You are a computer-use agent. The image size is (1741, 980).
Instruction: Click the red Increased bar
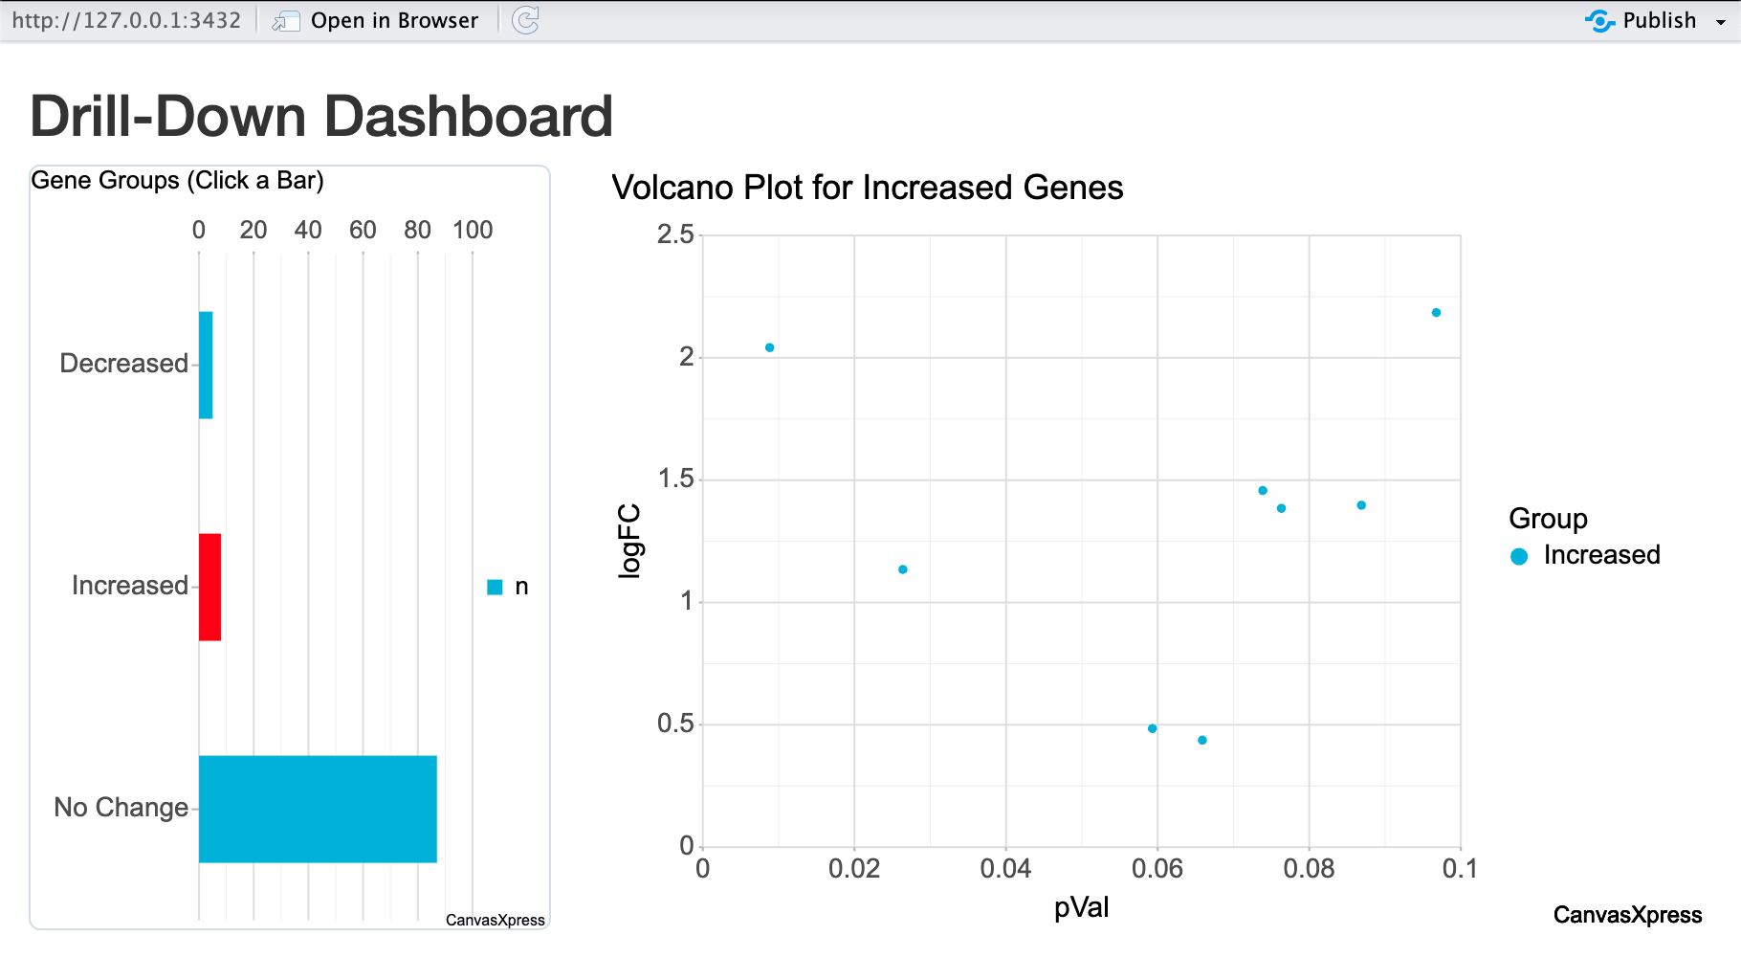click(x=209, y=587)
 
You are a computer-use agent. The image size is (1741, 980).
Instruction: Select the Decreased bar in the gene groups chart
click(x=206, y=365)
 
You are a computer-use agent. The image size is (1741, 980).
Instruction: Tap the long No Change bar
click(x=318, y=809)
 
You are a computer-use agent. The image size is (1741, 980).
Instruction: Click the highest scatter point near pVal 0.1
click(x=1436, y=313)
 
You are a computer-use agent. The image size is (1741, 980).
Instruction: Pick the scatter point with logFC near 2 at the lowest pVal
click(x=769, y=347)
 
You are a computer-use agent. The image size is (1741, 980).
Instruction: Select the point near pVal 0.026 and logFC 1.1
click(x=902, y=569)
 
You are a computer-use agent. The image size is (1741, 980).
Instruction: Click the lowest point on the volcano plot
click(x=1202, y=740)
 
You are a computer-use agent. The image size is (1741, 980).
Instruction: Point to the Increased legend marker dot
click(x=1519, y=556)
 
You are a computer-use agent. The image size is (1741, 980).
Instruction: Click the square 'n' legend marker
click(x=495, y=587)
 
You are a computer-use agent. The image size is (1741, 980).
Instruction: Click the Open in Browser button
click(x=393, y=20)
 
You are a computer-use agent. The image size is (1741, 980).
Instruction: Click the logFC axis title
click(x=628, y=541)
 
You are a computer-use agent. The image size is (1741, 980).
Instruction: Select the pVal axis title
click(x=1081, y=907)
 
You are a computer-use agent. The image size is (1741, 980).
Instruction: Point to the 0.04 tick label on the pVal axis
click(x=1005, y=869)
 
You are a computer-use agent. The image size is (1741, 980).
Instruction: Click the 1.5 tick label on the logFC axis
click(x=675, y=479)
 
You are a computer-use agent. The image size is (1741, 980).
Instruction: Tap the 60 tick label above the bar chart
click(x=363, y=230)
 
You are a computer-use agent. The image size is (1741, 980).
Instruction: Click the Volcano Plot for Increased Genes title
click(x=867, y=188)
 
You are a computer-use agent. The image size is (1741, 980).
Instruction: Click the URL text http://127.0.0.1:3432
click(x=126, y=20)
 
